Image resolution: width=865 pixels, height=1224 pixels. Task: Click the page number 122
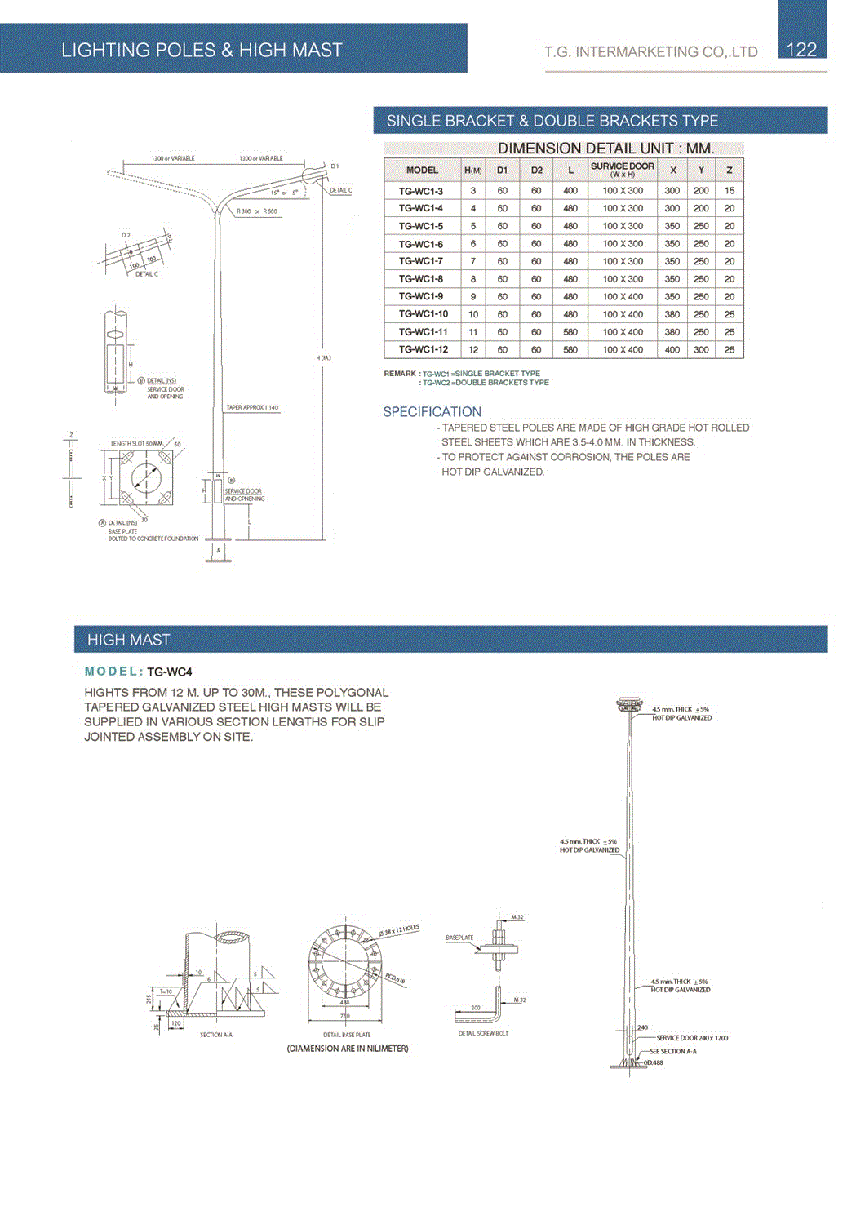tap(801, 50)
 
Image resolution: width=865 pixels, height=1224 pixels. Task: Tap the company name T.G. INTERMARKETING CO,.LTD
tap(651, 52)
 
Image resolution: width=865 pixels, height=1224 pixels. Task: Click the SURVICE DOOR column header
tap(623, 170)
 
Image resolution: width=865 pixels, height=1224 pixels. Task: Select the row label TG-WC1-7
tap(421, 261)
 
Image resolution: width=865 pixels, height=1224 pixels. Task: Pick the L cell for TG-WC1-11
tap(570, 332)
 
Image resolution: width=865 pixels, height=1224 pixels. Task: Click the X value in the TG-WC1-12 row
tap(672, 350)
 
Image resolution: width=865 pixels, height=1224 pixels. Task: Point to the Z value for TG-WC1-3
tap(730, 191)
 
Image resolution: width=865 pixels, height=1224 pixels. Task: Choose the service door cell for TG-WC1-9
tap(623, 297)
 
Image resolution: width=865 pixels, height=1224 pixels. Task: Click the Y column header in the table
tap(701, 170)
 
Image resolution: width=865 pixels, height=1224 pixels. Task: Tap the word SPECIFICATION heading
tap(432, 412)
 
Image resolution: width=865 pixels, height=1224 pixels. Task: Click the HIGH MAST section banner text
tap(129, 640)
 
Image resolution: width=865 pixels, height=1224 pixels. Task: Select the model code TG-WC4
tap(170, 672)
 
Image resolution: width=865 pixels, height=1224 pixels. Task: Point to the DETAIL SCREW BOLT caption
tap(483, 1033)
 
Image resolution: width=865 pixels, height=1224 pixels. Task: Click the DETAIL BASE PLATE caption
tap(347, 1035)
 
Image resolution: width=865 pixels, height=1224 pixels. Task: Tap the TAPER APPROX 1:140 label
tap(252, 407)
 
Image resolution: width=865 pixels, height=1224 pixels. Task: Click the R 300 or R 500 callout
tap(256, 211)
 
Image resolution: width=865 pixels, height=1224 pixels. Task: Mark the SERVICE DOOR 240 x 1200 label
tap(692, 1038)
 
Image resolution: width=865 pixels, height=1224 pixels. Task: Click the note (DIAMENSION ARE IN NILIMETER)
tap(348, 1049)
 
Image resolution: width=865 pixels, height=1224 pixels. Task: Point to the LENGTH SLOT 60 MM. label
tap(137, 444)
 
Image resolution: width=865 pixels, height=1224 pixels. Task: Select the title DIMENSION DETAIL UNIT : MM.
tap(605, 149)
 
